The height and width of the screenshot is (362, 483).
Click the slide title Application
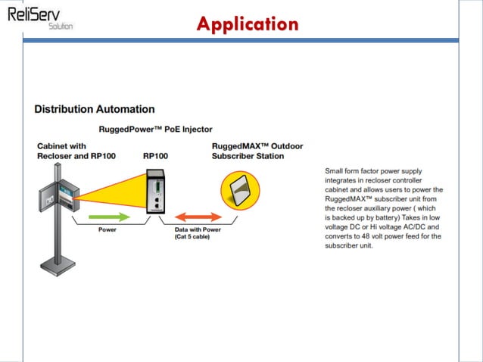pyautogui.click(x=247, y=24)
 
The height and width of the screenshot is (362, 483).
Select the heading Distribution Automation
pyautogui.click(x=95, y=110)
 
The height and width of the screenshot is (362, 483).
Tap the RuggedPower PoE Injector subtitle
pyautogui.click(x=155, y=130)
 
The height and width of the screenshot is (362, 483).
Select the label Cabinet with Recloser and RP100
pyautogui.click(x=73, y=151)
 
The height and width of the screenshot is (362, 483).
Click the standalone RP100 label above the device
pyautogui.click(x=157, y=157)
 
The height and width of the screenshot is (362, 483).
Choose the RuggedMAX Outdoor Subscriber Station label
pyautogui.click(x=248, y=151)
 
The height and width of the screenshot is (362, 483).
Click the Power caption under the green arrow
pyautogui.click(x=108, y=230)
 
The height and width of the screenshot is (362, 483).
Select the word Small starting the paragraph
pyautogui.click(x=335, y=170)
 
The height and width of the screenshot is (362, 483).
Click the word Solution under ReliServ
pyautogui.click(x=61, y=26)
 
